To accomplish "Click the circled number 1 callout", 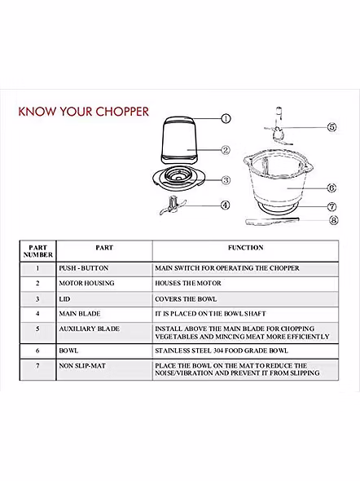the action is tap(226, 118).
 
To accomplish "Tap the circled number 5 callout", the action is tap(332, 127).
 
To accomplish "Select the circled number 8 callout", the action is tap(334, 220).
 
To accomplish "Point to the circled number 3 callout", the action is tap(226, 180).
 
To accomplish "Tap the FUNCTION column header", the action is tap(246, 248).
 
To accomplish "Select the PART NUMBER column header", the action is tap(38, 251).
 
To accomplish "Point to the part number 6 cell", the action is tap(37, 351).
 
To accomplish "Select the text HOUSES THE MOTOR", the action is tap(188, 283).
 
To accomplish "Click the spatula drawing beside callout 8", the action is tap(272, 221).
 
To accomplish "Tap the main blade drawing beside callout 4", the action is tap(173, 205).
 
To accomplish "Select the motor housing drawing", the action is tap(179, 140).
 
